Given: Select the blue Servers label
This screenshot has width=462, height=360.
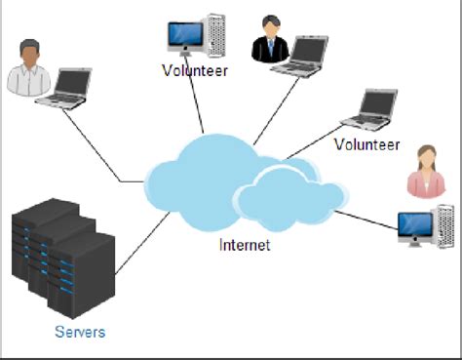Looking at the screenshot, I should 79,332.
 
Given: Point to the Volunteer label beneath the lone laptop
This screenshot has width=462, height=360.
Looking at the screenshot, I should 366,144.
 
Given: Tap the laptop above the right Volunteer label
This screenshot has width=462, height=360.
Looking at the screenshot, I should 371,108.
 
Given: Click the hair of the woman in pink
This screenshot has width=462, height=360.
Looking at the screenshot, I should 424,154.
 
